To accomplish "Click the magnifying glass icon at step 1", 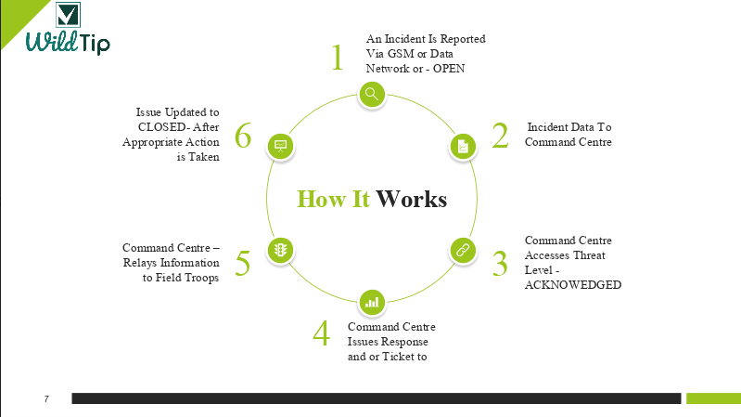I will (x=372, y=93).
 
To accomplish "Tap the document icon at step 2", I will (x=463, y=146).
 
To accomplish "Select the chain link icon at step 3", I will (x=463, y=250).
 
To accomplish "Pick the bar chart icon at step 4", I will (x=372, y=302).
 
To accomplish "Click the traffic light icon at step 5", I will (x=281, y=250).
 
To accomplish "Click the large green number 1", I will (x=338, y=58).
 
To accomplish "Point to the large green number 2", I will (x=500, y=136).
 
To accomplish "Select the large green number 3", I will (x=500, y=263).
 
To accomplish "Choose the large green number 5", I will (x=243, y=263).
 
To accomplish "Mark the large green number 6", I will (x=243, y=137).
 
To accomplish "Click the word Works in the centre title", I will (x=412, y=200).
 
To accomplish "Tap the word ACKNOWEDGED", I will (x=572, y=284).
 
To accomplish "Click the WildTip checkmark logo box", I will (x=68, y=16).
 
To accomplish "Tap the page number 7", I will (x=46, y=398).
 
